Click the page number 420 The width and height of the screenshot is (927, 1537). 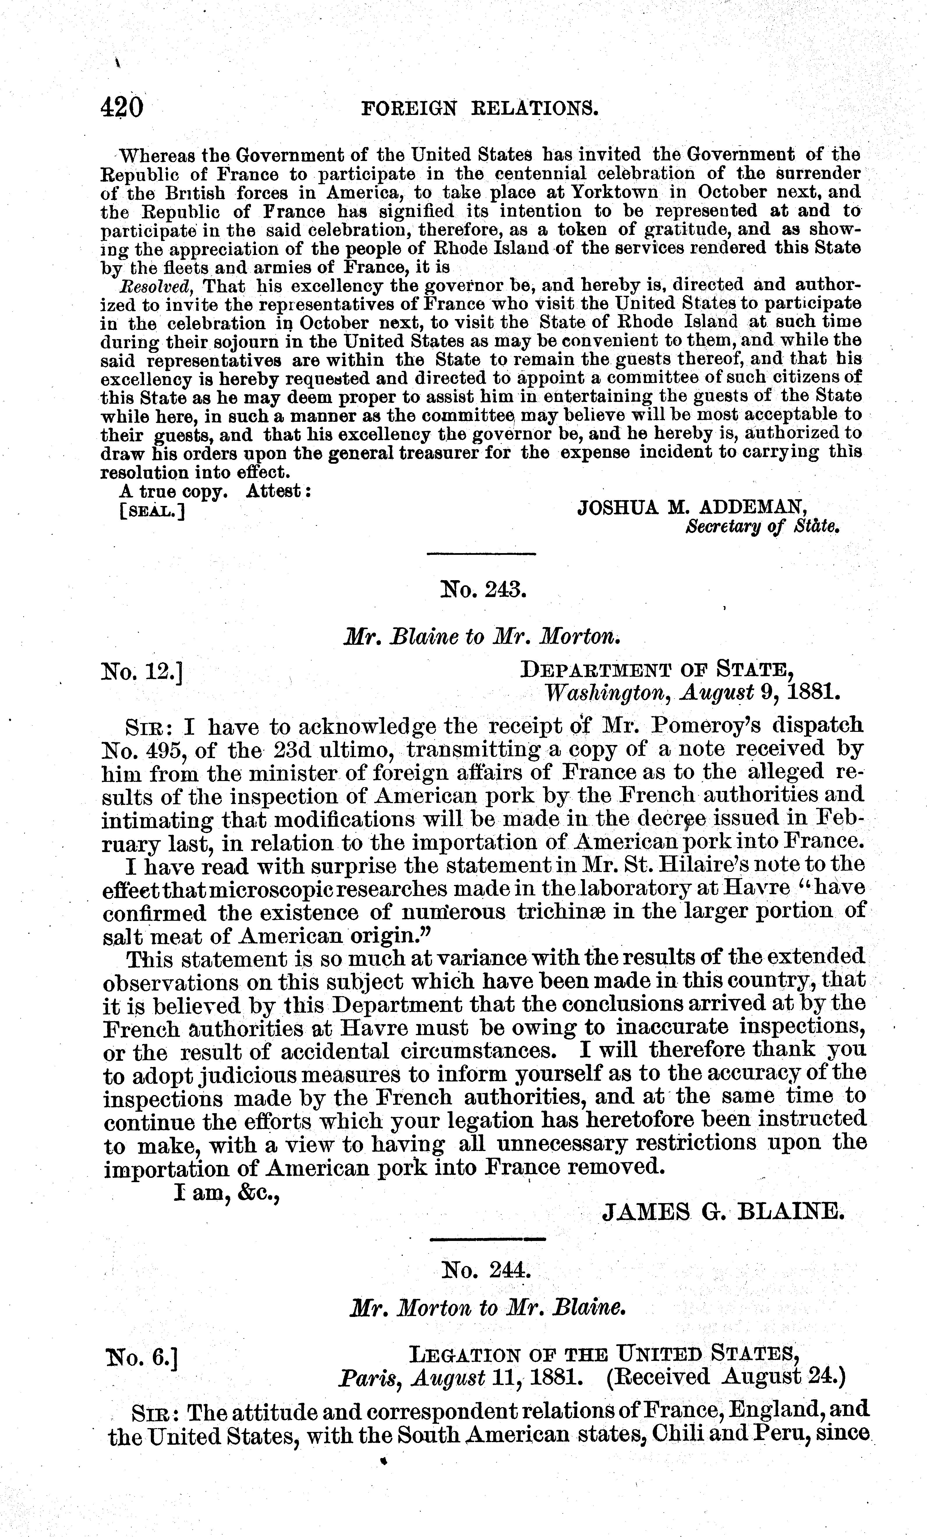click(x=122, y=108)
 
